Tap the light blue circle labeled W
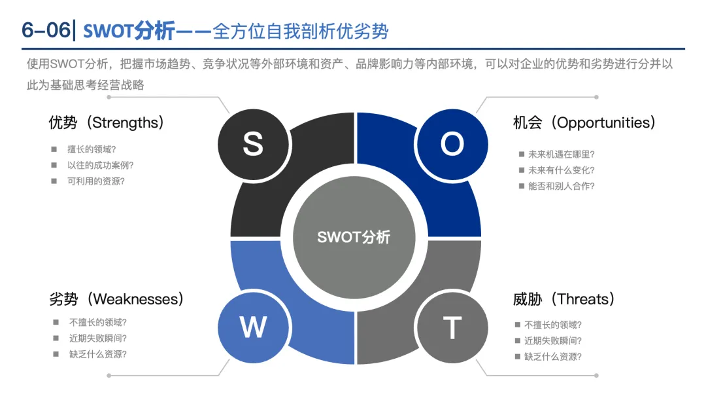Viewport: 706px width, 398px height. click(253, 327)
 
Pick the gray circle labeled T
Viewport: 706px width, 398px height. click(452, 327)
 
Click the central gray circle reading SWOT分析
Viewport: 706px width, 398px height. click(354, 237)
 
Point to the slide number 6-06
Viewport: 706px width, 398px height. click(44, 30)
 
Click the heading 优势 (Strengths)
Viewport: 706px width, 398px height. click(106, 122)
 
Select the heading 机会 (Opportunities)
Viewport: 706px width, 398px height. click(584, 122)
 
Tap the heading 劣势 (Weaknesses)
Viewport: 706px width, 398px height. click(116, 299)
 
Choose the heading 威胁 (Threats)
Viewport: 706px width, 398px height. click(564, 299)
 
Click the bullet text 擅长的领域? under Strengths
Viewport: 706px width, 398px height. click(92, 149)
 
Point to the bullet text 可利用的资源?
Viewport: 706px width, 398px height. click(96, 181)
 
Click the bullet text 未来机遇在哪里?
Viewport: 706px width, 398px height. click(562, 154)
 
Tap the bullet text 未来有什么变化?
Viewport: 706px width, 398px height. click(562, 170)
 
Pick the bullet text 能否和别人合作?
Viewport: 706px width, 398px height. click(562, 186)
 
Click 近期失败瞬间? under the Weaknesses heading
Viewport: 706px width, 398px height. click(98, 338)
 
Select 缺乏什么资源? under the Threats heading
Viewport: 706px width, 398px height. click(553, 357)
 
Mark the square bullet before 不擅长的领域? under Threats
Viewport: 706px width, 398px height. click(518, 325)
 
